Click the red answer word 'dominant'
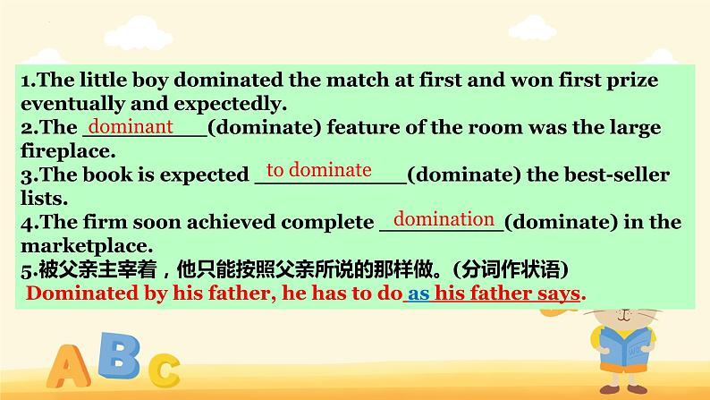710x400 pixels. click(x=131, y=127)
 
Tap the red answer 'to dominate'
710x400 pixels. click(x=319, y=170)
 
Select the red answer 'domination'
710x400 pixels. click(x=444, y=219)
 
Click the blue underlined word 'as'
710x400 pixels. click(x=418, y=294)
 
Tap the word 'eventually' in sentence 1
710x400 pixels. click(x=67, y=103)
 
